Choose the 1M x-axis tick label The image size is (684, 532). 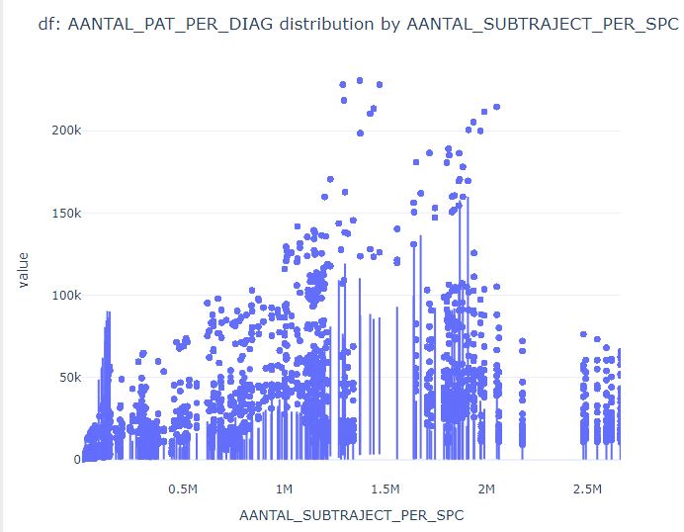[x=285, y=489]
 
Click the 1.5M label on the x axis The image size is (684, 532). [x=385, y=489]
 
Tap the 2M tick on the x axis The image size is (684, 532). [x=486, y=489]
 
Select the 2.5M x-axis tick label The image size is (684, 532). [x=587, y=489]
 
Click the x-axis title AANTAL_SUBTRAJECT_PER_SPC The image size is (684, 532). [x=351, y=515]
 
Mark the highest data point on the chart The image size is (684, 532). [x=360, y=80]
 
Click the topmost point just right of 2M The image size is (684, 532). [x=497, y=107]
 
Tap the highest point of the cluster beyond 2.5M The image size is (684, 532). [x=584, y=335]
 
